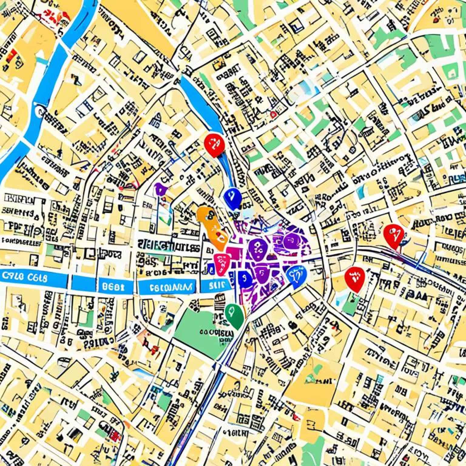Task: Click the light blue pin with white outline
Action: click(296, 275)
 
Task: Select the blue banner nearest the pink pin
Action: click(216, 285)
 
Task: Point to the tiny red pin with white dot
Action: click(273, 114)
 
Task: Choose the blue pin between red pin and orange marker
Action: click(232, 197)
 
